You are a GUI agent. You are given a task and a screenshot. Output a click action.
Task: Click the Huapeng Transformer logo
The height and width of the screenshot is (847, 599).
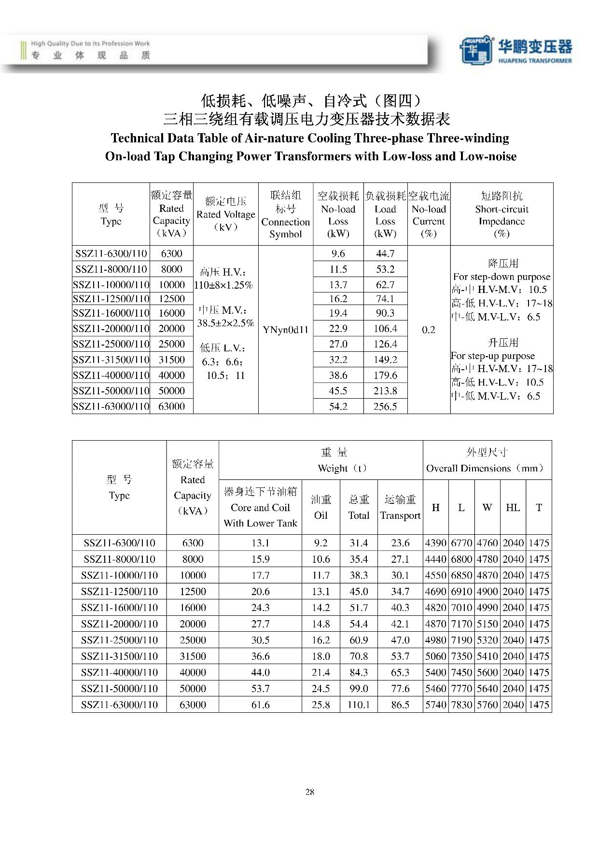515,49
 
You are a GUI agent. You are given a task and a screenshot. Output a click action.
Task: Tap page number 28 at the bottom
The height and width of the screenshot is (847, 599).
310,791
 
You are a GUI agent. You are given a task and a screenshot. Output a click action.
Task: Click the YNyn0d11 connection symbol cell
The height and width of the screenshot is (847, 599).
285,330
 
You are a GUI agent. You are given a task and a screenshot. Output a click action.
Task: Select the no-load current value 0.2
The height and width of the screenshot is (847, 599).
428,330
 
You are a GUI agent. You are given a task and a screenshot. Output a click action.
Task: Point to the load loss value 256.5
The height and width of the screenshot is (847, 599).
385,406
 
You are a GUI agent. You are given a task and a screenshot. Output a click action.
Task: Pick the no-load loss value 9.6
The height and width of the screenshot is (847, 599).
338,253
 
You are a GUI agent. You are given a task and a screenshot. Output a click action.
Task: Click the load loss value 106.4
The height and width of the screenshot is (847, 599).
385,329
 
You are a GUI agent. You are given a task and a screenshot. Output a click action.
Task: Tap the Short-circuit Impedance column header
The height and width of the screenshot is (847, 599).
501,215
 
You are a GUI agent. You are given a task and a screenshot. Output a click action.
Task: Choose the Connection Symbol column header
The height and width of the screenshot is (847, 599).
285,215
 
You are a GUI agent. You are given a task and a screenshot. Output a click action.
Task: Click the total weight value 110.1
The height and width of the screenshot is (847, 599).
359,705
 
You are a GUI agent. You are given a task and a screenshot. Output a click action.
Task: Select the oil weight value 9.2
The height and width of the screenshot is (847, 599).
320,543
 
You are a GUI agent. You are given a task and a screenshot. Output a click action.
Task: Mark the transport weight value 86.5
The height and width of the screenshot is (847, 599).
400,705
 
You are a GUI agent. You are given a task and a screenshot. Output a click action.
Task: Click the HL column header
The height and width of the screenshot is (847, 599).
513,507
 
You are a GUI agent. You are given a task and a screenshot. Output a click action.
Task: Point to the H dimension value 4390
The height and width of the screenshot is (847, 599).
435,543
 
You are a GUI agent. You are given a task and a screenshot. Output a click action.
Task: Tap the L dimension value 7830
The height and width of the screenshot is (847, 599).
461,705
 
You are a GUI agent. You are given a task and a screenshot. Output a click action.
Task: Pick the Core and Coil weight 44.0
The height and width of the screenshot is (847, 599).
260,672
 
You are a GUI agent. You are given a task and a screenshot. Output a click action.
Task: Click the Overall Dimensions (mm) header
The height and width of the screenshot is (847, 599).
487,460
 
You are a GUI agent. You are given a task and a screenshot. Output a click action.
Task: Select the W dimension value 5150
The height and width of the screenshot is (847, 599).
487,624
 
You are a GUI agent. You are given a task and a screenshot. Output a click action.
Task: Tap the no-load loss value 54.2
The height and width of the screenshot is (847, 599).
338,406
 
